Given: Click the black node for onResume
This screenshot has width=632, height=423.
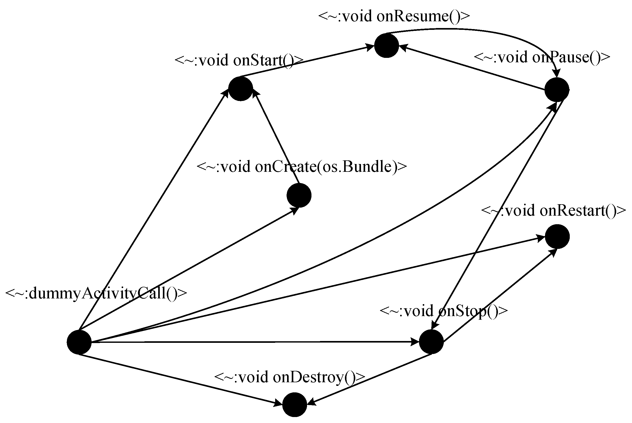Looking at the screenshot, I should click(x=386, y=46).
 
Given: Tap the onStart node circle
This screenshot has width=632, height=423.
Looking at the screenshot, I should click(x=240, y=89).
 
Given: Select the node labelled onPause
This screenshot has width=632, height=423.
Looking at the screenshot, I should click(x=557, y=90).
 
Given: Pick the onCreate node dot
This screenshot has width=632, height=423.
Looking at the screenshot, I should click(x=299, y=195).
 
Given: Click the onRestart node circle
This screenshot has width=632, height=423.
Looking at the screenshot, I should click(x=557, y=236).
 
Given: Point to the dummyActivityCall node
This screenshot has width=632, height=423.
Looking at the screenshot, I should click(x=79, y=342).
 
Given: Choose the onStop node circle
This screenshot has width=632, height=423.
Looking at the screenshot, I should click(x=431, y=342).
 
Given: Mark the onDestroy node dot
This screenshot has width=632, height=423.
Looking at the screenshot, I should click(x=295, y=405).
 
